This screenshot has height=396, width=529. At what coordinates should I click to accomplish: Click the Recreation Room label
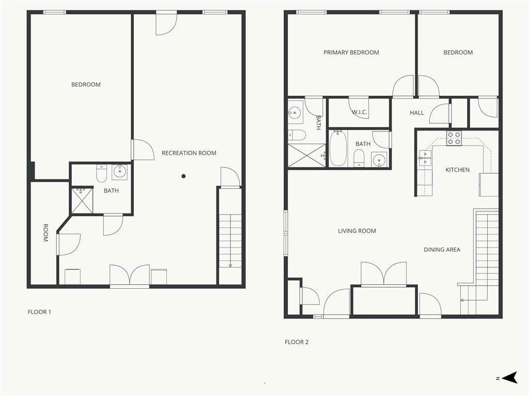(189, 153)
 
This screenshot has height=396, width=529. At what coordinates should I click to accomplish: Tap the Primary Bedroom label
(351, 53)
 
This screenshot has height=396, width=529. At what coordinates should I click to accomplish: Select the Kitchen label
(458, 170)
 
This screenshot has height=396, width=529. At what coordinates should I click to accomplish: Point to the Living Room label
(357, 231)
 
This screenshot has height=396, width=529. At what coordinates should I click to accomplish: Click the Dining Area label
(442, 250)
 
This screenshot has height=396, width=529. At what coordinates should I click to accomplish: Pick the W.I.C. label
(360, 112)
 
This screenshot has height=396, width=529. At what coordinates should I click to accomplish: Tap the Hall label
(417, 113)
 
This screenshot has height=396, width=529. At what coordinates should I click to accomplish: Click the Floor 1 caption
(39, 312)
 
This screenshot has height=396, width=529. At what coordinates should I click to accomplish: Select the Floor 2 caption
(297, 342)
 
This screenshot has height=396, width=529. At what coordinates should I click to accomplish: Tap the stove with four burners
(454, 138)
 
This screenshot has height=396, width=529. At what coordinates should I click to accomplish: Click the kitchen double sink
(425, 158)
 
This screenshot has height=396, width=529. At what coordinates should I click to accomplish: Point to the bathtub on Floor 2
(338, 148)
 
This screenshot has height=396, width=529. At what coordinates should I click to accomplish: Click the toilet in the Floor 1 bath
(102, 173)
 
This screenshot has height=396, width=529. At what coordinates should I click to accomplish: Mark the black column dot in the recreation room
(183, 176)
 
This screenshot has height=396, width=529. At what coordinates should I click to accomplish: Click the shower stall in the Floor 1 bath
(82, 201)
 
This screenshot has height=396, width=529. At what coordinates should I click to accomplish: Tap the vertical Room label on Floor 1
(45, 233)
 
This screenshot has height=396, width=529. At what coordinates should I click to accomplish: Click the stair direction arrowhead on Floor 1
(230, 266)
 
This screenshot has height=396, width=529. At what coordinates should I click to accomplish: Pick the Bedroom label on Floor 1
(86, 85)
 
